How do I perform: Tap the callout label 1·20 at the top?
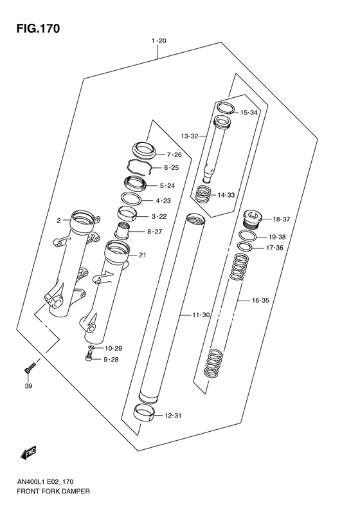coord(159,41)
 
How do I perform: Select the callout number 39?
coord(28,387)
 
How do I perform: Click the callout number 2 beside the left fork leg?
coord(59,221)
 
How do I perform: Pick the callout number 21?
coord(142,255)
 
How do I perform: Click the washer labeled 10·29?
coord(92,348)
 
